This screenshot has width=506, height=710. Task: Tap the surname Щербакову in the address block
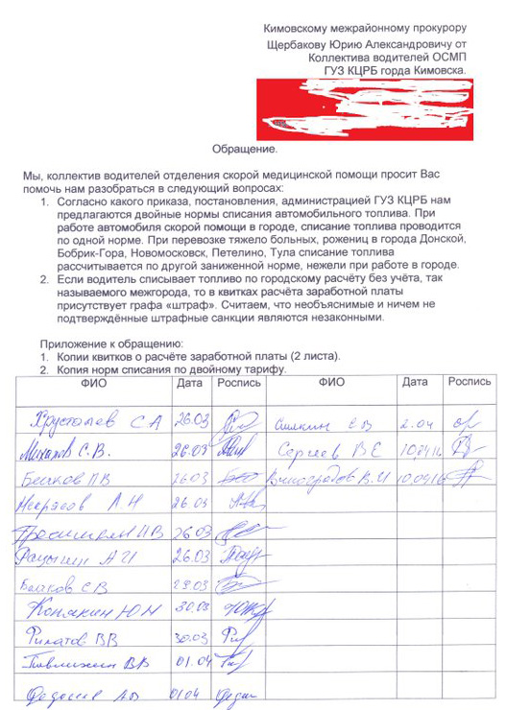306,44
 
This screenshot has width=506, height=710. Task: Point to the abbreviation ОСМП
446,57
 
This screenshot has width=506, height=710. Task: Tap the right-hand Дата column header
415,382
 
